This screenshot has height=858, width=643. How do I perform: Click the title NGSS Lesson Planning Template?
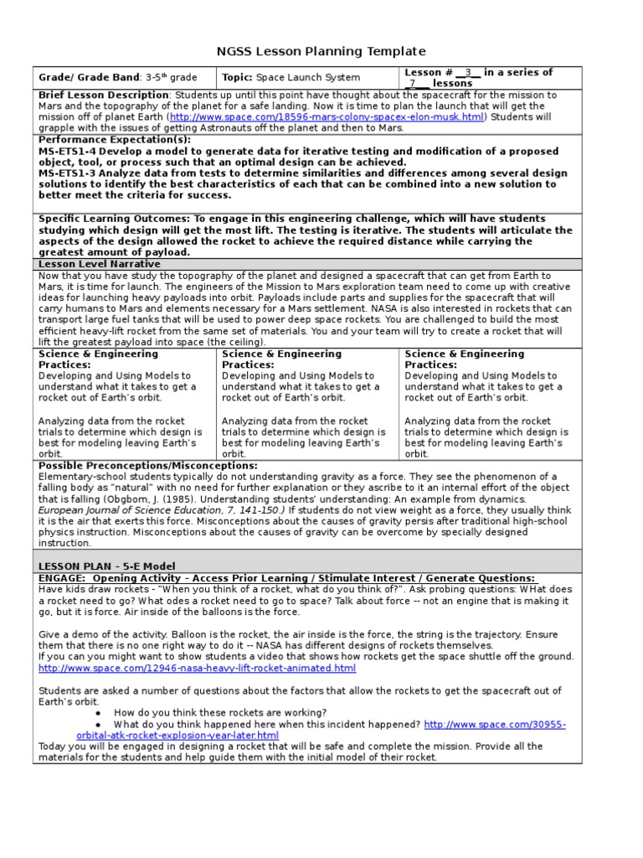tap(321, 52)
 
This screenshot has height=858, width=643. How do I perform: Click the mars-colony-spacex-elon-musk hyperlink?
tap(327, 117)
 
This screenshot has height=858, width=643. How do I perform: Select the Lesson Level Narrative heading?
tap(99, 264)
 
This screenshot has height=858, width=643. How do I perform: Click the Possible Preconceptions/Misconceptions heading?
tap(148, 465)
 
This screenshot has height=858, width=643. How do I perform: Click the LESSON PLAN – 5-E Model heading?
tap(107, 566)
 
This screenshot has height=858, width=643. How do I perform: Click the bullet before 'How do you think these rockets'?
tap(98, 712)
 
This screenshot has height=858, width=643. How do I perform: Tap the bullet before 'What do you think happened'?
tap(98, 724)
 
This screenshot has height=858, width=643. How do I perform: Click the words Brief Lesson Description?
tap(104, 96)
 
